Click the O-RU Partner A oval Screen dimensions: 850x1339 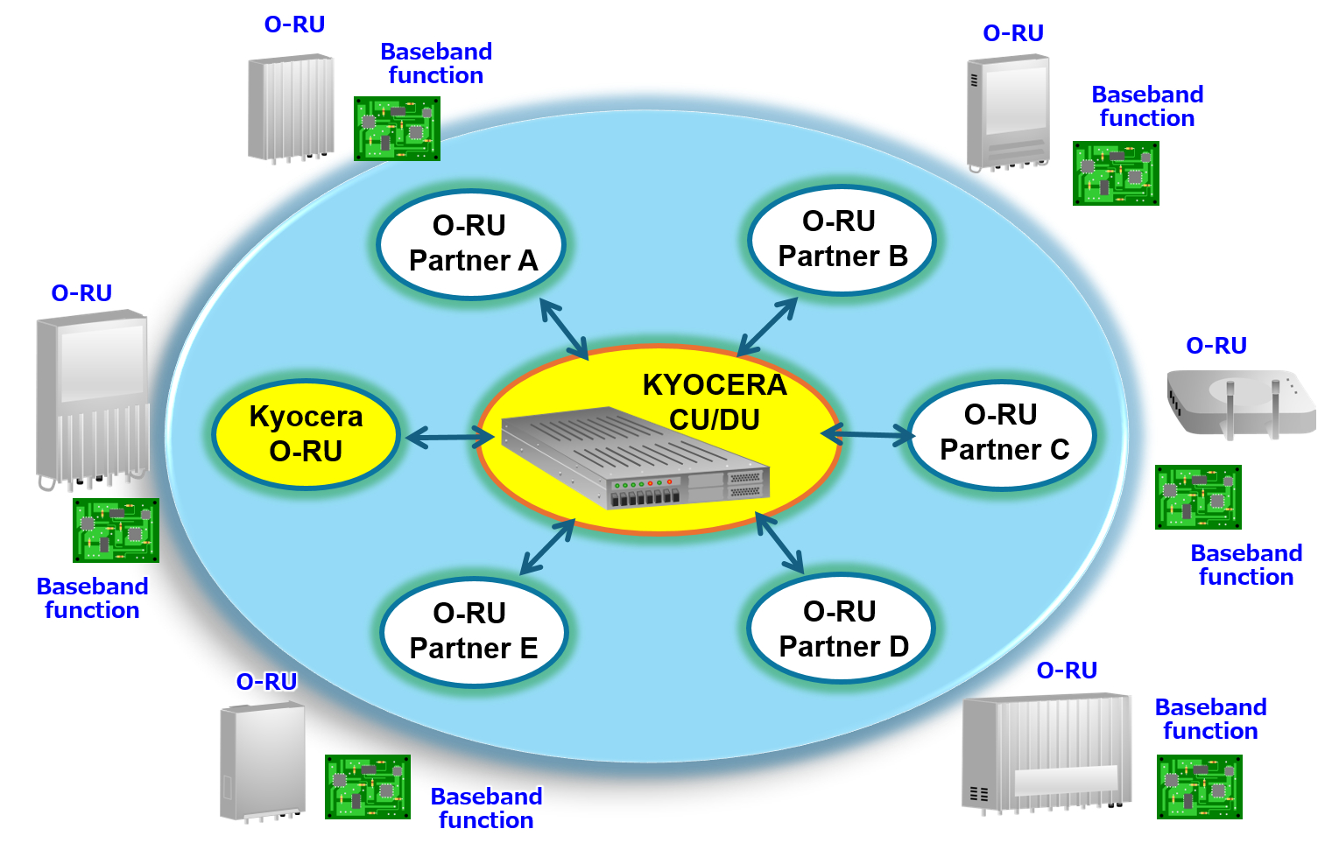click(471, 244)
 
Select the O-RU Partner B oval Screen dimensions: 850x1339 click(842, 239)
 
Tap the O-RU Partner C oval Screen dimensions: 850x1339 click(1002, 432)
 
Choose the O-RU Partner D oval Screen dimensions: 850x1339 click(842, 629)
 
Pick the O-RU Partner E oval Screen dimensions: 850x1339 click(474, 631)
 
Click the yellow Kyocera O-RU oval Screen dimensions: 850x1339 click(306, 433)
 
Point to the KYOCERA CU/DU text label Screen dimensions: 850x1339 click(715, 402)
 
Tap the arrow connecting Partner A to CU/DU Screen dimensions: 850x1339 click(564, 328)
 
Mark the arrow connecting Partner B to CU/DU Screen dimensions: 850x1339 click(767, 327)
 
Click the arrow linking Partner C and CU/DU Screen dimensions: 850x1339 click(868, 434)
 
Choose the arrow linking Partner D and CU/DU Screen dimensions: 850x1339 click(779, 543)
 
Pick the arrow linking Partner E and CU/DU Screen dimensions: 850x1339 click(547, 547)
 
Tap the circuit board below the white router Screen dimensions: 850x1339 click(1198, 497)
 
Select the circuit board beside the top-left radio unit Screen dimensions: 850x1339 click(397, 129)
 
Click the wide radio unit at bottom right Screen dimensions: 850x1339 click(1046, 752)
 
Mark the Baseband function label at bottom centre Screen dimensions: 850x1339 click(486, 808)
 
